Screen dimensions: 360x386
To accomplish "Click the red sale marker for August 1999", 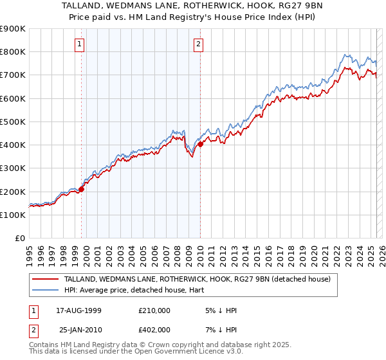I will pos(82,189).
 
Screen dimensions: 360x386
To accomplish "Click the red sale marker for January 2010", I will pos(200,145).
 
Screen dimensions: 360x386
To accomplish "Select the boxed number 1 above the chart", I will pos(79,44).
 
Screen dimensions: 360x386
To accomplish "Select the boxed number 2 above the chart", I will pos(198,44).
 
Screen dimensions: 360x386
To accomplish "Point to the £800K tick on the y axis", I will pos(13,52).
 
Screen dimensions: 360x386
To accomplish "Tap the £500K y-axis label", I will pos(13,122).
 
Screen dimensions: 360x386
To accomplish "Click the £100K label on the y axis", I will pos(13,215).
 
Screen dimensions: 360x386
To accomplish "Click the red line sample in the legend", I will pos(46,279).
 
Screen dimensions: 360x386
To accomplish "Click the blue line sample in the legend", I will pos(46,291).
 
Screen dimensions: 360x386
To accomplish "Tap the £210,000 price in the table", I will pos(153,310).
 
